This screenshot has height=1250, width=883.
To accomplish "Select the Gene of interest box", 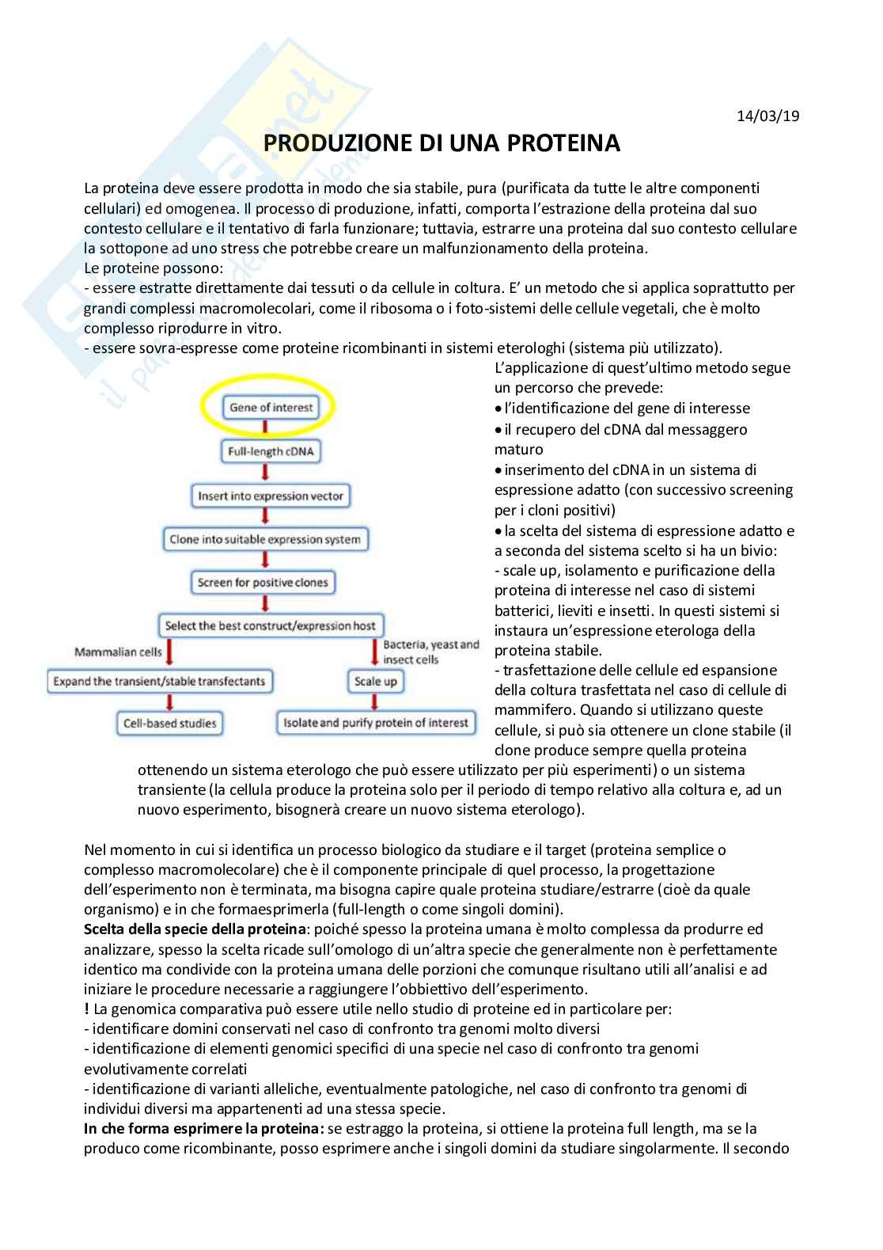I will [x=271, y=408].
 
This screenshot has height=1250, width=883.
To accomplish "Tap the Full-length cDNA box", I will [x=271, y=452].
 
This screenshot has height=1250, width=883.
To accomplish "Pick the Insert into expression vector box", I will [x=271, y=496].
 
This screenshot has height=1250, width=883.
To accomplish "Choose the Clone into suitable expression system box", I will [x=265, y=540].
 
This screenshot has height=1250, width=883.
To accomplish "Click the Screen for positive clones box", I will [x=263, y=583].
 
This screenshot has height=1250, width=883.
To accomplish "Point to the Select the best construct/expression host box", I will [x=270, y=625].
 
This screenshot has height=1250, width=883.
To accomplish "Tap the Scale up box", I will [x=375, y=682].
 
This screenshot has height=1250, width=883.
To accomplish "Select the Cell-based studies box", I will [x=169, y=723].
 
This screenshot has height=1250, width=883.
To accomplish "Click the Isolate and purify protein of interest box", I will [x=376, y=723].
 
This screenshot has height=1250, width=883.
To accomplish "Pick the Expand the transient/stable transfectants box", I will [x=159, y=682].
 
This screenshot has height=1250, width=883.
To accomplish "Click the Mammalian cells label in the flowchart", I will [x=118, y=652].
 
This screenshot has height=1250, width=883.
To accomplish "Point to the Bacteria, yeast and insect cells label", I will [x=430, y=652].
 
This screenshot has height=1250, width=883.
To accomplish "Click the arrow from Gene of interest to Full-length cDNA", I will [x=266, y=430].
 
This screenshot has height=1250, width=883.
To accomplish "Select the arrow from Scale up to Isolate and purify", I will [x=375, y=702].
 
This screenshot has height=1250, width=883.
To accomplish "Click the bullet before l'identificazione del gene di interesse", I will [x=498, y=409].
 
